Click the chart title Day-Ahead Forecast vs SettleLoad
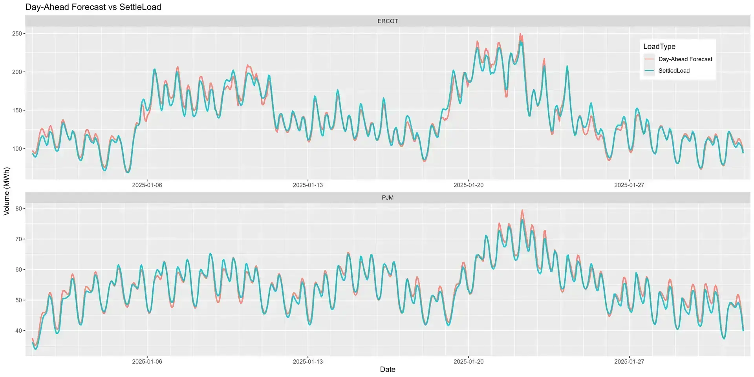click(93, 7)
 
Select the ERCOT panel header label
click(388, 21)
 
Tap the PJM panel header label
click(388, 198)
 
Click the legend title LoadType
click(659, 46)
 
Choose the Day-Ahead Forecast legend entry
click(685, 59)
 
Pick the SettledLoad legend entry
click(674, 71)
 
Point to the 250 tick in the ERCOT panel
click(17, 34)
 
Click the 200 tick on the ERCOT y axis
click(17, 72)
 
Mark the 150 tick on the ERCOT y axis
click(17, 110)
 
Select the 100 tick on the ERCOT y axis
click(17, 149)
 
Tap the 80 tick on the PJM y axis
click(18, 209)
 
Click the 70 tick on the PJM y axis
click(18, 239)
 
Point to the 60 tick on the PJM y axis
click(18, 270)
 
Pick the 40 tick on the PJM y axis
click(18, 331)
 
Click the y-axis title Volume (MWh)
click(7, 191)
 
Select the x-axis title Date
click(388, 370)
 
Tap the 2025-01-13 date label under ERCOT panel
click(308, 185)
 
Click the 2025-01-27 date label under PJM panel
click(629, 361)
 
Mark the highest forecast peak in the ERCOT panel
click(520, 34)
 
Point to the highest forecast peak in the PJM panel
click(522, 210)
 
